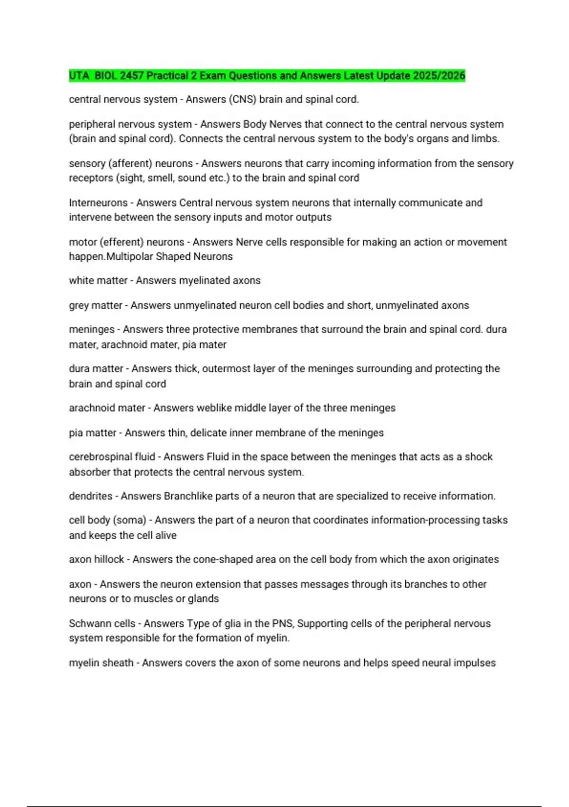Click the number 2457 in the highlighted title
click(x=131, y=75)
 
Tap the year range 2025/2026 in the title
click(x=439, y=75)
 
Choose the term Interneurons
click(x=98, y=203)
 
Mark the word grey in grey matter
click(x=79, y=305)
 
